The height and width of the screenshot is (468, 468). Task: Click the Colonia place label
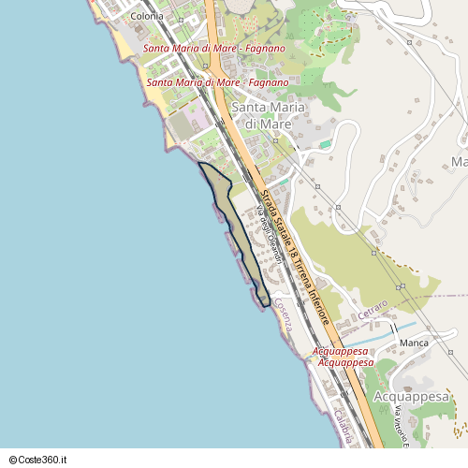(148, 16)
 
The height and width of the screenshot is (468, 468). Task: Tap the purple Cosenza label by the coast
(284, 316)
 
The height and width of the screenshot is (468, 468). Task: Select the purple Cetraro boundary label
(373, 310)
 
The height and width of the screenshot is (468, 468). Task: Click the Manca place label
(414, 343)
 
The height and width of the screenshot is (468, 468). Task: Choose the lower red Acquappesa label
(345, 362)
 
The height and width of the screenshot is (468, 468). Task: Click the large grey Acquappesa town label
(412, 396)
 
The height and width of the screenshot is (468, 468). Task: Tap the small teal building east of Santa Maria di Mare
(325, 145)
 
